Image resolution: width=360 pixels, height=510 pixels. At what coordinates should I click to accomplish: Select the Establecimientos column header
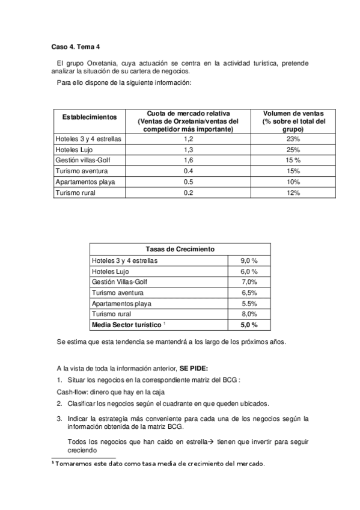pos(90,116)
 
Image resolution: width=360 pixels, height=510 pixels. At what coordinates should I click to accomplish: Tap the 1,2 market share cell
pos(188,138)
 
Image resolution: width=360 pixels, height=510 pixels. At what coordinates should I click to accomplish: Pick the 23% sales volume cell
pos(294,138)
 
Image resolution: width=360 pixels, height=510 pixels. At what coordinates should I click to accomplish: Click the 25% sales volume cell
pos(294,149)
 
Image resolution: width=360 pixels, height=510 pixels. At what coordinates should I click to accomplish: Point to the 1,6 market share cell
pos(188,160)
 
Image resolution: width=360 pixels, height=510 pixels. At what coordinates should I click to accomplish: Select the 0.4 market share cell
pos(188,171)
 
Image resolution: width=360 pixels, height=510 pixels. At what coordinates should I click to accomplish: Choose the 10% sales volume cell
pos(294,182)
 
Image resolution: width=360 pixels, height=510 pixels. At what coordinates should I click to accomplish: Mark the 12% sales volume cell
pos(294,192)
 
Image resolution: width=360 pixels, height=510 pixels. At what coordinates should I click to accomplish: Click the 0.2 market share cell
pos(188,192)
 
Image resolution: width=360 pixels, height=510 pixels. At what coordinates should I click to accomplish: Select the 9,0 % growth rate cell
pos(249,260)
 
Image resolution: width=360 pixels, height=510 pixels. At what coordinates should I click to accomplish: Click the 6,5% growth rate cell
pos(249,293)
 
